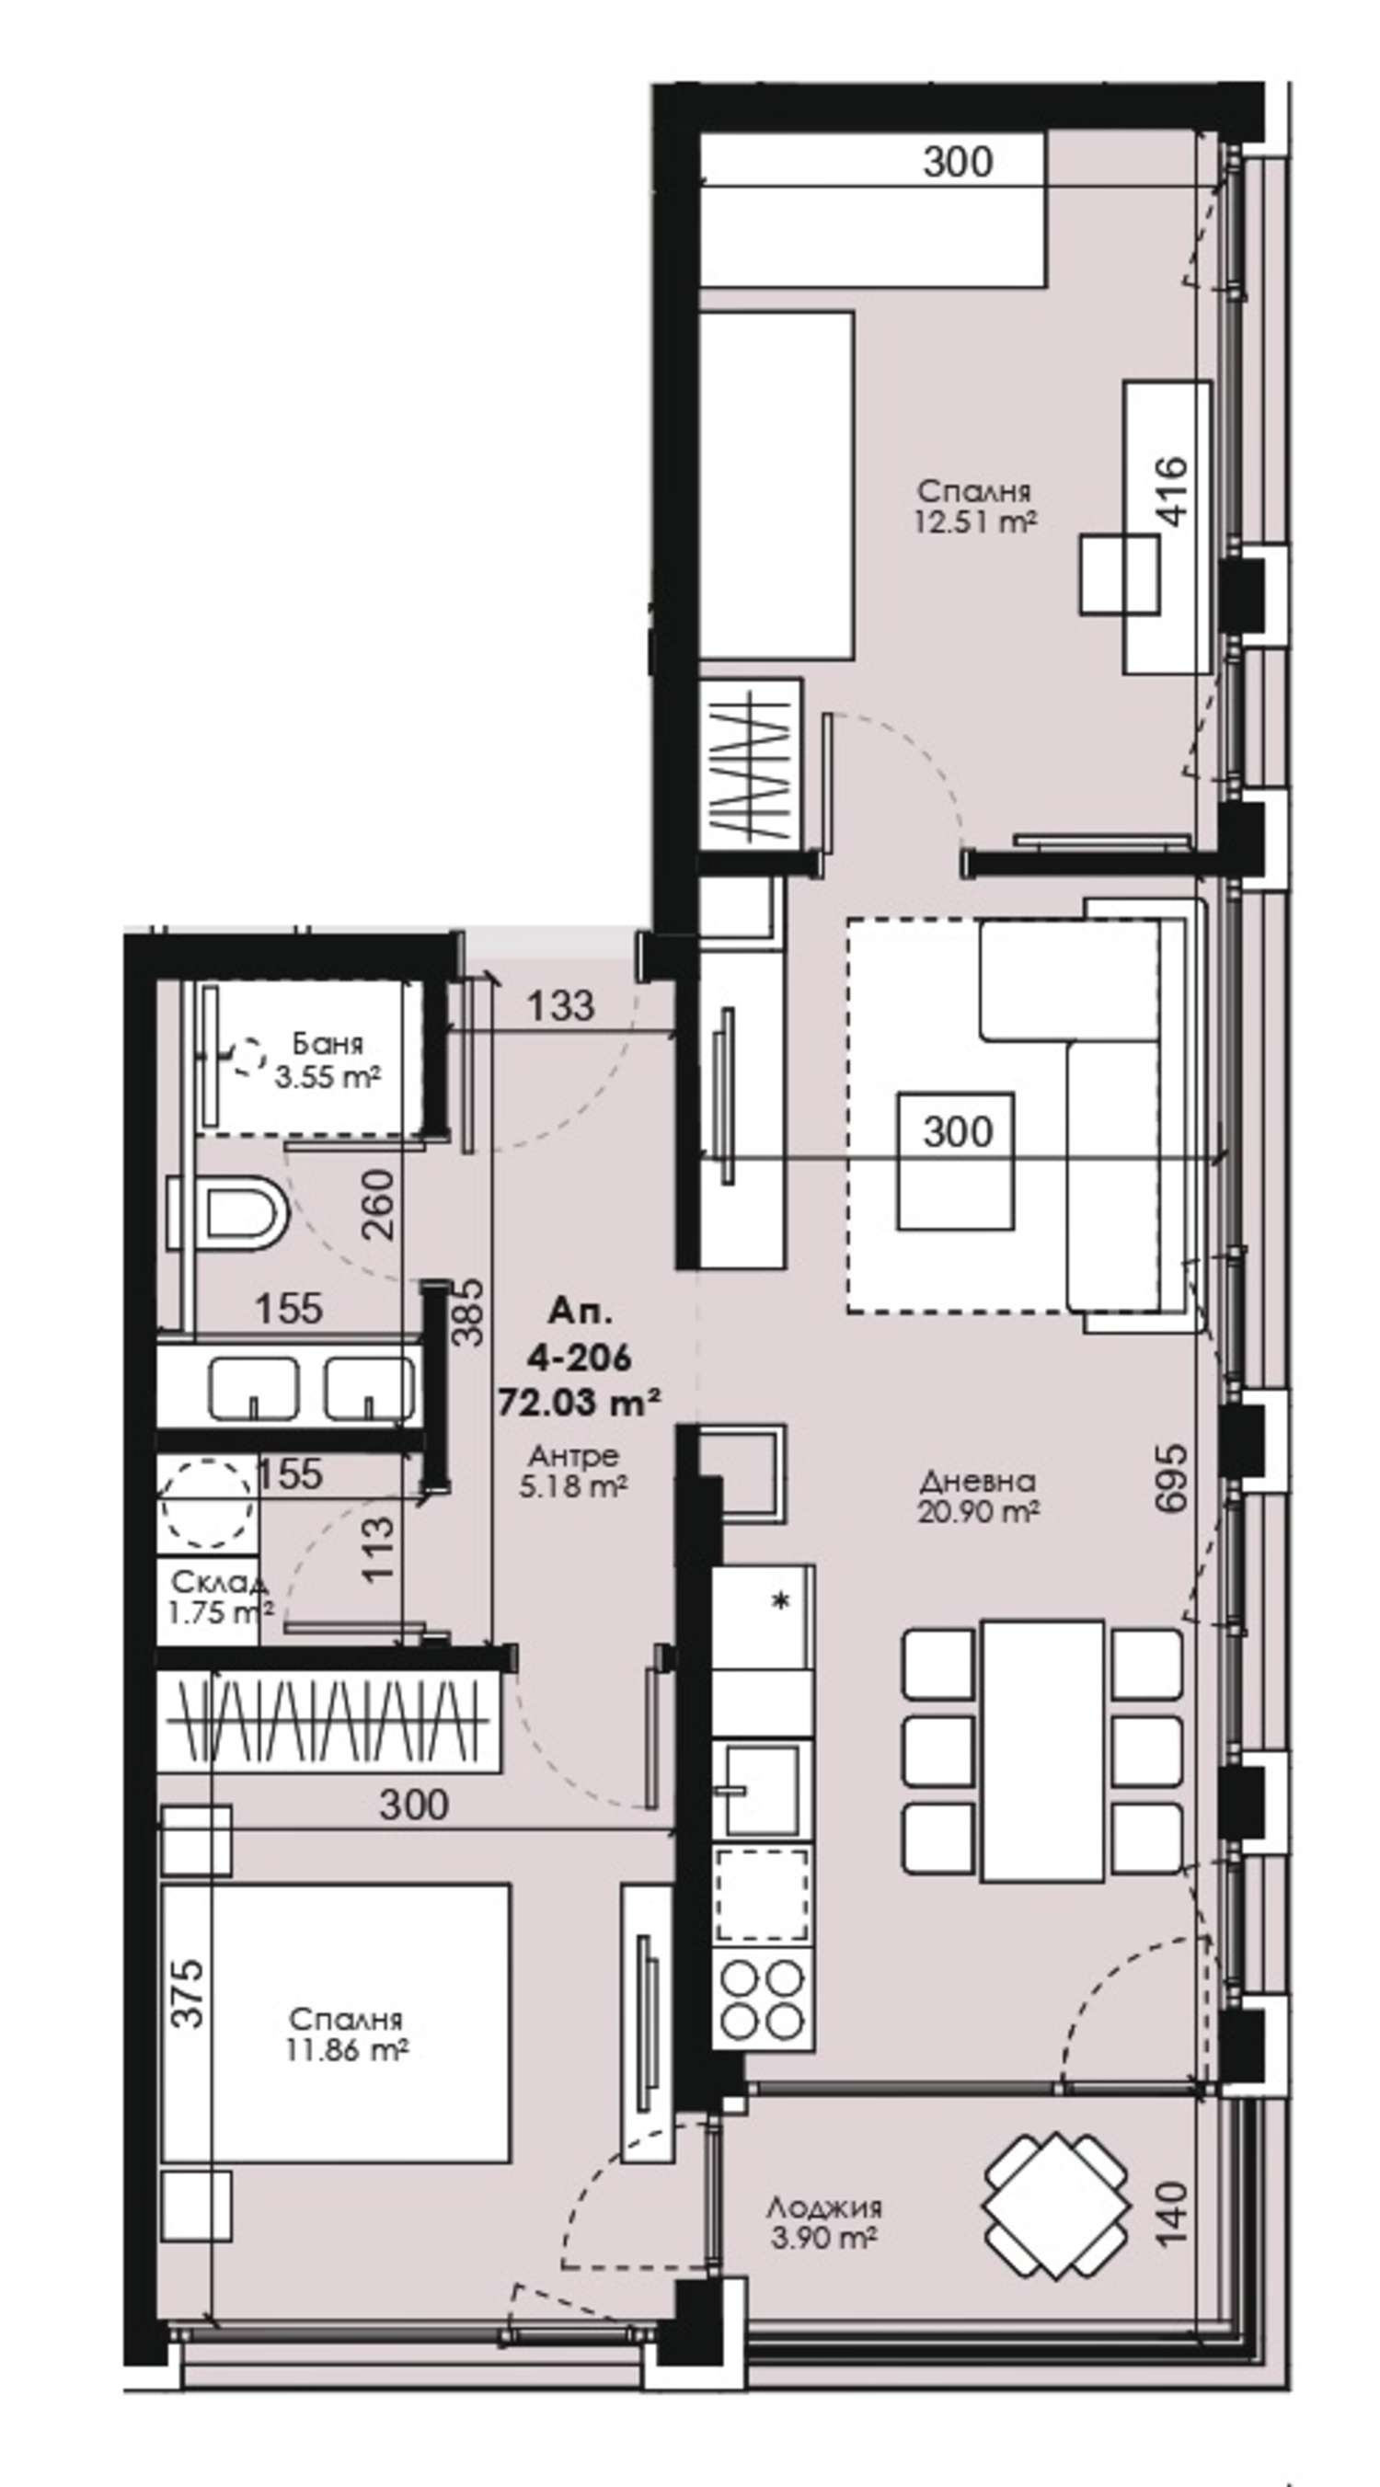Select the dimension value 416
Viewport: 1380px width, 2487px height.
[x=1170, y=491]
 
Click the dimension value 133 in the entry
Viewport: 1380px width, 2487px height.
[x=560, y=1005]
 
